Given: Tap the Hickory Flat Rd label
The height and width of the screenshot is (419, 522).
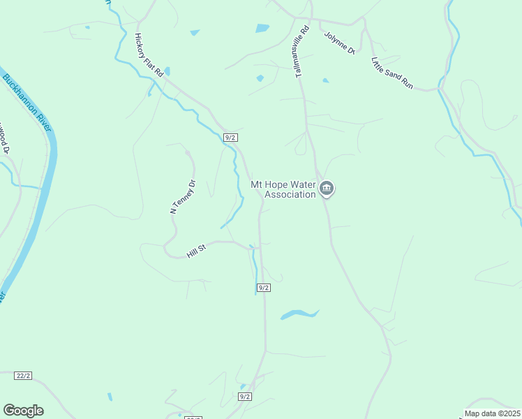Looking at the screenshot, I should (x=149, y=55).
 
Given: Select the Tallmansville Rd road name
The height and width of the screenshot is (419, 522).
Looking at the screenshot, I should (x=302, y=52).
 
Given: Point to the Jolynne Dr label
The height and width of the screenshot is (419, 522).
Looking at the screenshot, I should (x=339, y=41).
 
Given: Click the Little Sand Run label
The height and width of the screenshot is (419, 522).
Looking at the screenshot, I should (x=392, y=73).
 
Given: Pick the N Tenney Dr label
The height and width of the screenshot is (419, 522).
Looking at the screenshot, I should (x=184, y=197).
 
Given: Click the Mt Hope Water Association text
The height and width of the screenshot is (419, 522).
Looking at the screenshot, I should (x=283, y=189).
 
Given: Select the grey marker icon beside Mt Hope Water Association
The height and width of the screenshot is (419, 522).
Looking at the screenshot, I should (x=327, y=189).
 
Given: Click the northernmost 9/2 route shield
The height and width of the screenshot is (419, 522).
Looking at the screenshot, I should (x=230, y=138).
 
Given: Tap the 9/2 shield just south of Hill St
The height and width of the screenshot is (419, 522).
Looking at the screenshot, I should (x=263, y=288).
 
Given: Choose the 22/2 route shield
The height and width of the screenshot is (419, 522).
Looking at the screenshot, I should (x=23, y=376).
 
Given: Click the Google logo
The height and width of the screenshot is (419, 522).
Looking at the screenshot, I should (x=23, y=411).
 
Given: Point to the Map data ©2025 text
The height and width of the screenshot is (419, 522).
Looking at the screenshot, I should (x=492, y=413).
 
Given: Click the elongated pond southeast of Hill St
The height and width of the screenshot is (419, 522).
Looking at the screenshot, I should (x=299, y=315).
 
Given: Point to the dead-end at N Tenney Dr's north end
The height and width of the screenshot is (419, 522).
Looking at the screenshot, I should (x=187, y=151).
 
